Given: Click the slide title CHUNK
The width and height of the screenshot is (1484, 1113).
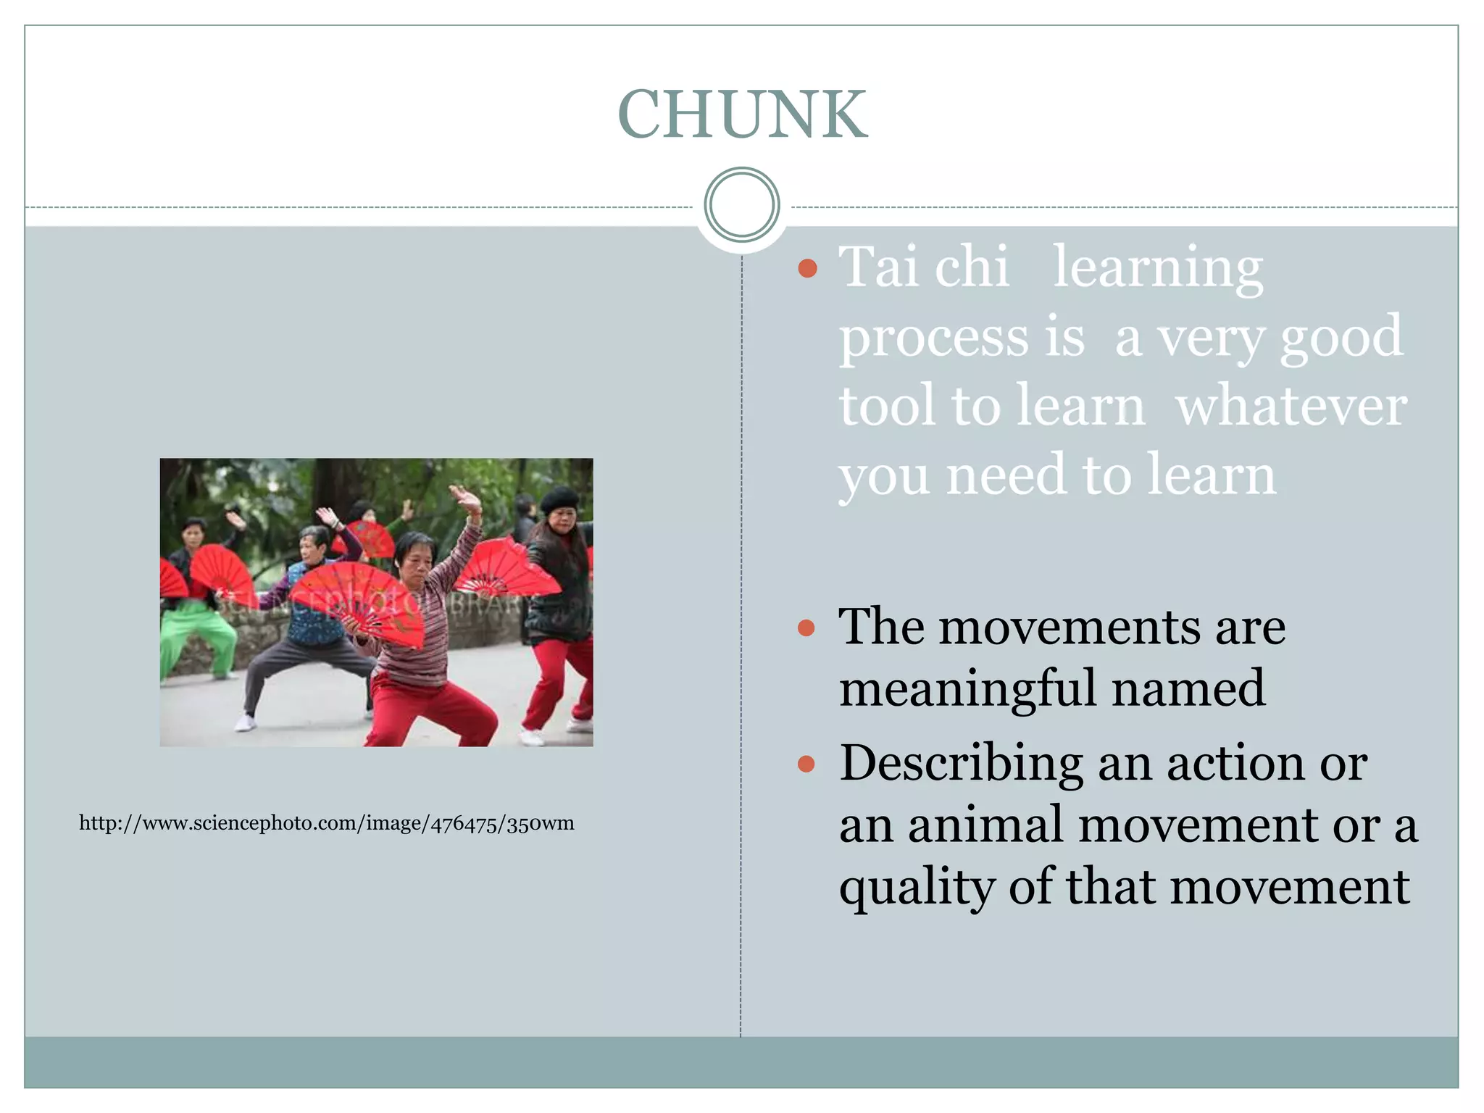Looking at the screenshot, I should tap(742, 114).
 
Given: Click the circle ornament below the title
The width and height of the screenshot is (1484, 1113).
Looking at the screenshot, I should tap(742, 204).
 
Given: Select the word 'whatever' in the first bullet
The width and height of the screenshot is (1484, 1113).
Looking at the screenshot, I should tap(1291, 406).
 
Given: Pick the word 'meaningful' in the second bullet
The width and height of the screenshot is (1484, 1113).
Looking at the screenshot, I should tap(968, 688).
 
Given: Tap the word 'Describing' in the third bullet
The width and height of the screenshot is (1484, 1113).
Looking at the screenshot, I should tap(961, 764).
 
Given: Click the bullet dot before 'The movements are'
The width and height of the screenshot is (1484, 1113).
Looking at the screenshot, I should tap(806, 628).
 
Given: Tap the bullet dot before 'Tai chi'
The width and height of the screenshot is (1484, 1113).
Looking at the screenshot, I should tap(807, 270).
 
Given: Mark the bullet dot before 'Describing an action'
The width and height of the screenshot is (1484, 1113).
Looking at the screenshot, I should tap(806, 764).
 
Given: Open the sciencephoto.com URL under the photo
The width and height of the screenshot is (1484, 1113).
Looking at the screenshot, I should tap(327, 824).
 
